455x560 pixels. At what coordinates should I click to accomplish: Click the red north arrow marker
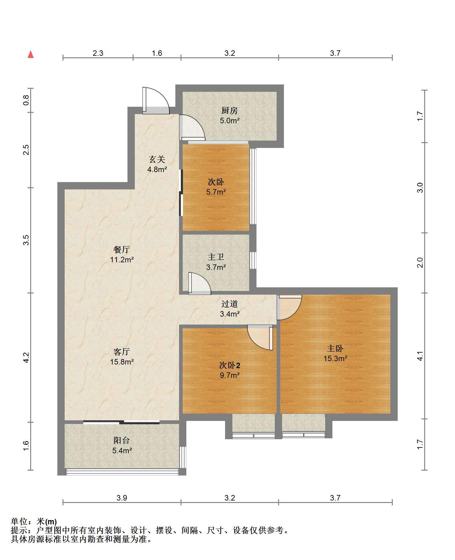click(30, 54)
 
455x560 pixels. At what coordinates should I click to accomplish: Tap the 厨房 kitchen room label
click(230, 110)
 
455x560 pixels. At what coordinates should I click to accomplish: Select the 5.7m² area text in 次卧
click(216, 192)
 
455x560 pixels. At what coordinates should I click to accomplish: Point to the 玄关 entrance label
click(157, 159)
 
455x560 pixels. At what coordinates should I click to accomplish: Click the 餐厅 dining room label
click(122, 249)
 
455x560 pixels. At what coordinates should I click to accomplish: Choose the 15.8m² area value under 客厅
click(122, 362)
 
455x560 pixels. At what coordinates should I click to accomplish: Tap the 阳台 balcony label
click(122, 440)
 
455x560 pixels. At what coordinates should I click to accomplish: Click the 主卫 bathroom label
click(216, 257)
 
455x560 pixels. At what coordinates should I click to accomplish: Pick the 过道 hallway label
click(230, 304)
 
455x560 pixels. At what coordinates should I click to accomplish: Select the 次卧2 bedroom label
click(230, 365)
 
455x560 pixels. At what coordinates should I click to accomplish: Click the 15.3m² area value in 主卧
click(335, 358)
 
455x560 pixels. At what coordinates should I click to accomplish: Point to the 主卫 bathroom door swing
click(205, 278)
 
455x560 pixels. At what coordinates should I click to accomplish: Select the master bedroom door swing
click(295, 313)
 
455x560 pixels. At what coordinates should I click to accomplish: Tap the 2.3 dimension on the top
click(98, 53)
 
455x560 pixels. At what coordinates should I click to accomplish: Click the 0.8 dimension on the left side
click(26, 100)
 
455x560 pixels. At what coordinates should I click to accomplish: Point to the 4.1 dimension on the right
click(420, 356)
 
